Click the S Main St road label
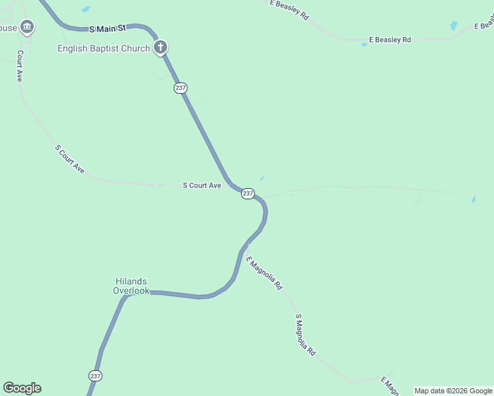[x=107, y=29]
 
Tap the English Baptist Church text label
[x=104, y=48]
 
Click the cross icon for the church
[x=160, y=48]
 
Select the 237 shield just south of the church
[x=181, y=88]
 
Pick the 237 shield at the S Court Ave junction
[x=248, y=193]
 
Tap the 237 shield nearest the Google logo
[x=95, y=376]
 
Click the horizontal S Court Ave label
[x=201, y=186]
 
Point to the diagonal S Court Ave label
[x=70, y=159]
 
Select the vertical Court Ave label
[x=20, y=66]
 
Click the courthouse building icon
[x=27, y=27]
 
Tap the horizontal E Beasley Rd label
[x=390, y=40]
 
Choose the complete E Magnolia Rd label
[x=264, y=273]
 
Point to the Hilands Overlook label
[x=131, y=286]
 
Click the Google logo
[x=22, y=388]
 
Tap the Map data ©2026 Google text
[x=453, y=391]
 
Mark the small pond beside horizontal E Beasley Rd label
[x=364, y=44]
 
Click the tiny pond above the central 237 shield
[x=262, y=178]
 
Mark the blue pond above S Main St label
[x=86, y=9]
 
